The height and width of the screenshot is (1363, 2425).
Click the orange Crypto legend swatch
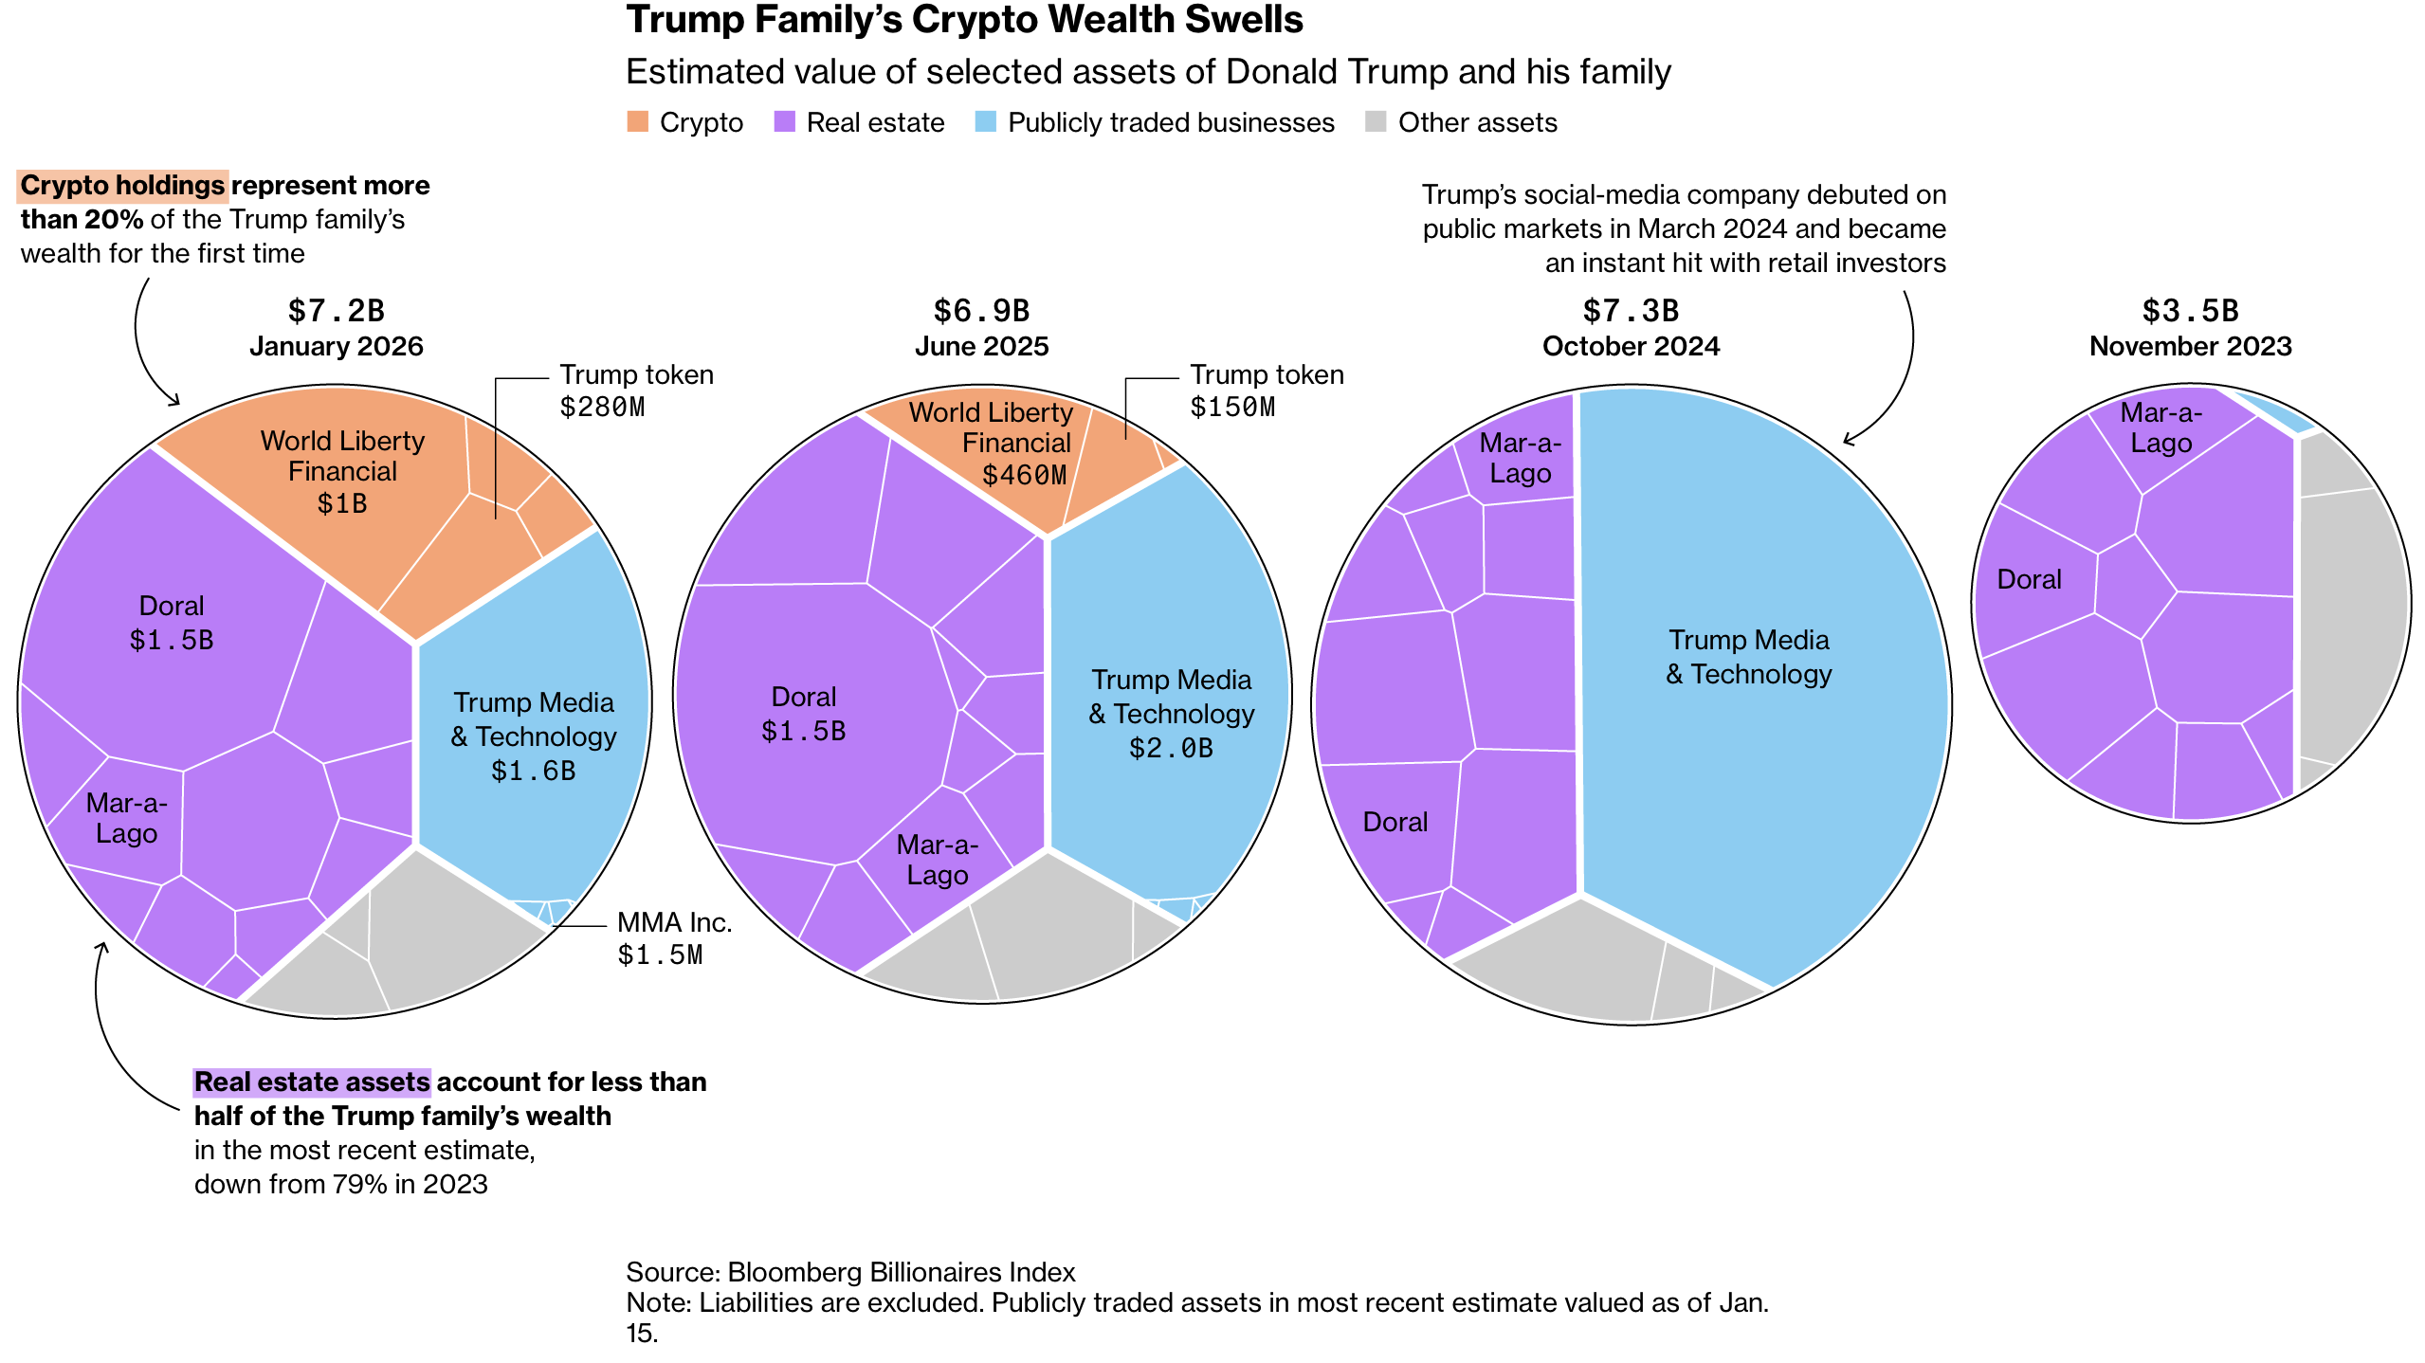click(637, 121)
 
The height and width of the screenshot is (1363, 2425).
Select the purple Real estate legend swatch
click(784, 121)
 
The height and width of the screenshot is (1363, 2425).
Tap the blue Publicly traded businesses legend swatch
click(985, 121)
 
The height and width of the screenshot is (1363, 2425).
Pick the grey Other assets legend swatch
click(1376, 121)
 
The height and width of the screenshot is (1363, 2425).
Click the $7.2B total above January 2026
click(336, 311)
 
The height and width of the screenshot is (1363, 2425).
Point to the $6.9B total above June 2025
click(981, 311)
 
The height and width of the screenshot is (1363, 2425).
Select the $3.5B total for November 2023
click(2190, 311)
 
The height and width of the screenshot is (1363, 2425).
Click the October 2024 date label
click(1631, 346)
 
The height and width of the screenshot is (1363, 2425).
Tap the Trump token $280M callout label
click(635, 391)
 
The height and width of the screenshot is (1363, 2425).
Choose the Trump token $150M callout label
click(1267, 391)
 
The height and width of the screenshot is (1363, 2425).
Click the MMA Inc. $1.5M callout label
click(674, 938)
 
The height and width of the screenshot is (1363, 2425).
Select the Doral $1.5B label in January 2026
click(172, 623)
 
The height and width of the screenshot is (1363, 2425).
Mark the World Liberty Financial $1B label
click(342, 471)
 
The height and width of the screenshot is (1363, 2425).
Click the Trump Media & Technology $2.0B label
click(1172, 714)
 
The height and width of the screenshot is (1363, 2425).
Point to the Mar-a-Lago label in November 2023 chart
click(2161, 427)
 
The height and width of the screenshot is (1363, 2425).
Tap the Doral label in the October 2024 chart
click(1395, 822)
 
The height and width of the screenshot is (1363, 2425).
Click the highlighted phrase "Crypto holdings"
click(122, 185)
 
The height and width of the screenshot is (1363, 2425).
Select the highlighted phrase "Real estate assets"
click(312, 1081)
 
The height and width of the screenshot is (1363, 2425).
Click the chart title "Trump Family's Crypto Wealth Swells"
click(964, 21)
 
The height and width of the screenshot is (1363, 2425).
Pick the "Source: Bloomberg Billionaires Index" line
click(850, 1272)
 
